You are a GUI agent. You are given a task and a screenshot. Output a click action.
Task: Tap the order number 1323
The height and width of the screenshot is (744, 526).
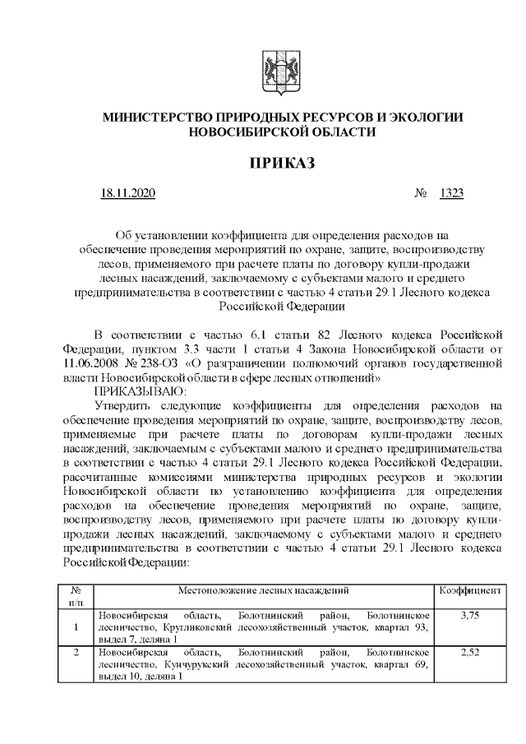pos(451,194)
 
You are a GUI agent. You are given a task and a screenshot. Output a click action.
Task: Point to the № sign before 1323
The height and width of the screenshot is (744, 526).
pos(422,194)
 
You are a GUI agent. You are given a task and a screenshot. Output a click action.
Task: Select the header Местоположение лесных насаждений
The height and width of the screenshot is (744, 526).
pos(264,590)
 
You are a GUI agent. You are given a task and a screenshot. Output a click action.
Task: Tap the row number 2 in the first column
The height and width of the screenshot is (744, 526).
pos(76,652)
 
